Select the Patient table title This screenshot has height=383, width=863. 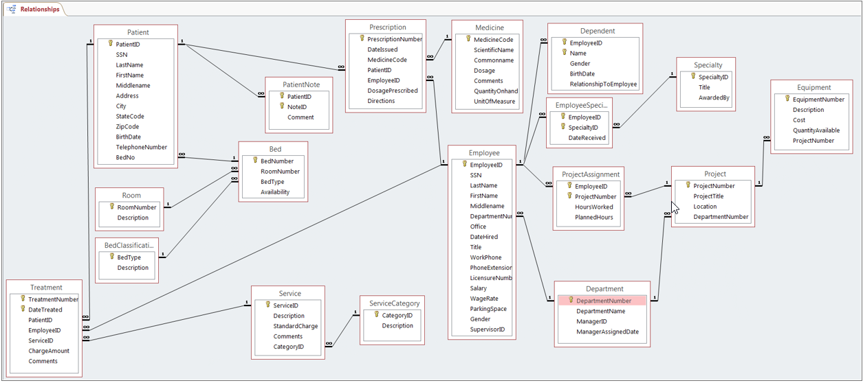[x=138, y=32]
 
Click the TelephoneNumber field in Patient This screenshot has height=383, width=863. [x=141, y=147]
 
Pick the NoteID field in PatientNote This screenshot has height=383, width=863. [x=297, y=107]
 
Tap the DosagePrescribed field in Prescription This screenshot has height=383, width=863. [x=392, y=91]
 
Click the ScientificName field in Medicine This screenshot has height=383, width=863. [x=493, y=50]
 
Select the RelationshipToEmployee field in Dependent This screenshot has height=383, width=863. [x=603, y=84]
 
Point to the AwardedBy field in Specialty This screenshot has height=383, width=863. [x=714, y=97]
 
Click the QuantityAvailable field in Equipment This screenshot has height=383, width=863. [x=816, y=130]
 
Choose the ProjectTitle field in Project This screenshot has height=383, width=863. [x=708, y=196]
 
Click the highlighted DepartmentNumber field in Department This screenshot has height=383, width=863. [x=603, y=301]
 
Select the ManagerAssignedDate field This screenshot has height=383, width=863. [x=607, y=332]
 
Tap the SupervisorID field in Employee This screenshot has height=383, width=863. [x=487, y=329]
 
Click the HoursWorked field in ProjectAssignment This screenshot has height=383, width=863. [x=593, y=207]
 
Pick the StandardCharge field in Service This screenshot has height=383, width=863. [x=295, y=326]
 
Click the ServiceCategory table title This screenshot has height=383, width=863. [x=394, y=303]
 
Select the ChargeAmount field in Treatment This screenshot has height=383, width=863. [x=48, y=351]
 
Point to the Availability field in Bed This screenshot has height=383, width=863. [x=274, y=192]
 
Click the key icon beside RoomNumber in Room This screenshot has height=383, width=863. [x=111, y=207]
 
